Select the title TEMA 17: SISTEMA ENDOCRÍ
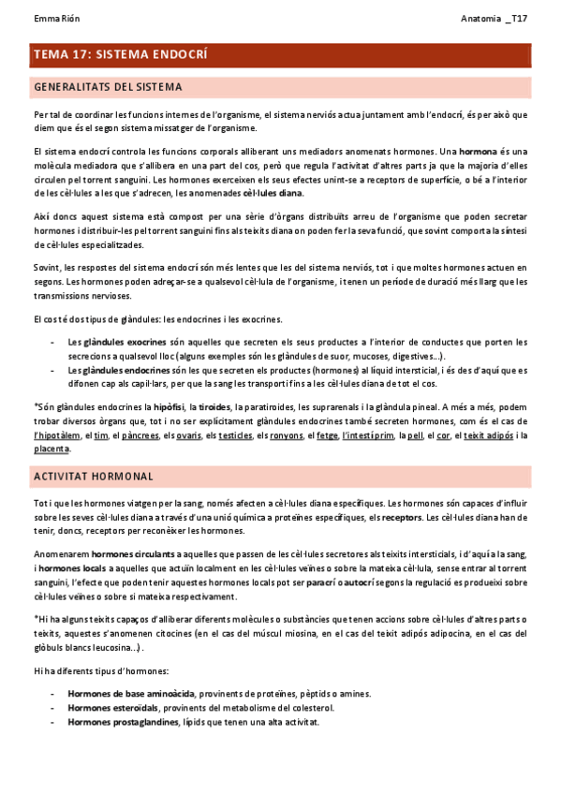(120, 55)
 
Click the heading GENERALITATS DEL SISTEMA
(107, 87)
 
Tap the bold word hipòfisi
(169, 406)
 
